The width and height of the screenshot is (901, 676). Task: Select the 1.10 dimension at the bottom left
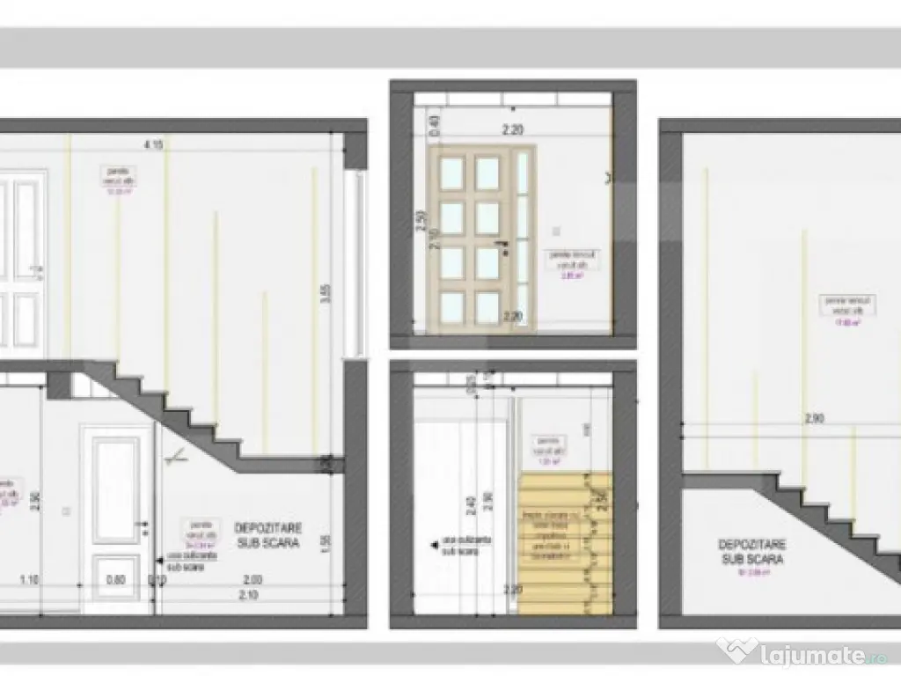[x=30, y=579]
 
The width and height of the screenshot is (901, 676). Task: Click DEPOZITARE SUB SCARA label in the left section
[x=268, y=535]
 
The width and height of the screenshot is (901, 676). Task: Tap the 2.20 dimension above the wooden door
[x=514, y=129]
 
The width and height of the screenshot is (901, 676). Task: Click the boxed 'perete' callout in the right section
[x=834, y=309]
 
